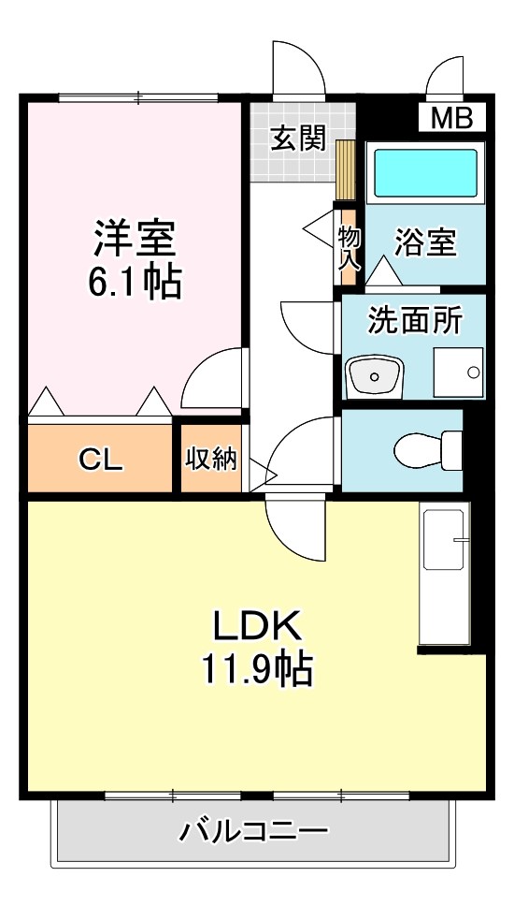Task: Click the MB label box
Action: pos(451,118)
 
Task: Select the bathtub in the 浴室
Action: pos(425,172)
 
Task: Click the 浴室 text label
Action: pos(425,242)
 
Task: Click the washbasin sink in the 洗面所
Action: pos(373,377)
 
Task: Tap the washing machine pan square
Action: pos(458,373)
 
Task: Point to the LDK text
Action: pos(255,625)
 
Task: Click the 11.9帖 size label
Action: pos(255,668)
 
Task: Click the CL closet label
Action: pos(100,459)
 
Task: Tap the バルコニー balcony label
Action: pos(254,828)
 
